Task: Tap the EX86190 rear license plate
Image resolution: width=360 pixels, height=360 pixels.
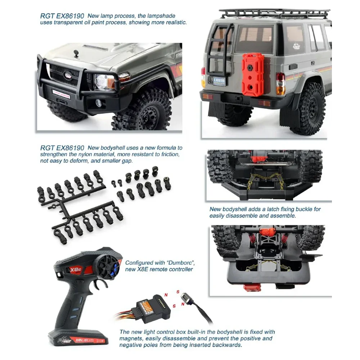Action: [220, 81]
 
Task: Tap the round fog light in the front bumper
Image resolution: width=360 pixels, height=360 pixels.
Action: [98, 103]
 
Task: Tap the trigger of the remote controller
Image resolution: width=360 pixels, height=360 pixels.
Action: [102, 284]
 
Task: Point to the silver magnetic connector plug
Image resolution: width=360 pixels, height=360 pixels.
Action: [186, 298]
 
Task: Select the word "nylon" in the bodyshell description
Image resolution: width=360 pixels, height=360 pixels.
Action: [93, 154]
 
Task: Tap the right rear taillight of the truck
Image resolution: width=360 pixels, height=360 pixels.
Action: [280, 84]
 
